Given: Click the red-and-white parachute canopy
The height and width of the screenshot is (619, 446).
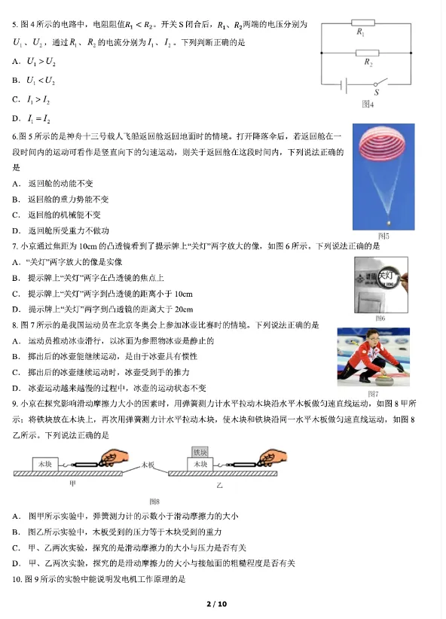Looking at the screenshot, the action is coord(387,148).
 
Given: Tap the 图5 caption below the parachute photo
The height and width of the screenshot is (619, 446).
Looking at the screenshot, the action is coord(383,236).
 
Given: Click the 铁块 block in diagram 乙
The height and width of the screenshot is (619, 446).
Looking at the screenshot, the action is coord(200,452).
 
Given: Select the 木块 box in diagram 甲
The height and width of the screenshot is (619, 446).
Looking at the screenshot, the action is coord(44,465).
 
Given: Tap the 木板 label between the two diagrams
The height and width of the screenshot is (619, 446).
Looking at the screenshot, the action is coord(149,465).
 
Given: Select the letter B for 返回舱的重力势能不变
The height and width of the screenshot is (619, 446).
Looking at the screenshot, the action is coord(16,200).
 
